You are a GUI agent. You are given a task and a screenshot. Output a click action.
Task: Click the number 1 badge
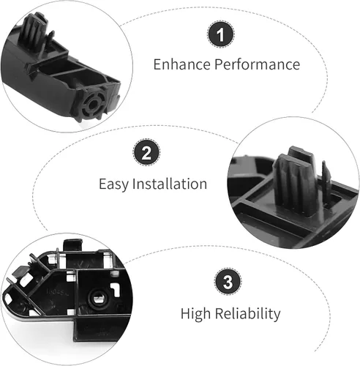pyautogui.click(x=221, y=34)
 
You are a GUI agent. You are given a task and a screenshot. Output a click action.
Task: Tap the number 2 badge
pyautogui.click(x=146, y=152)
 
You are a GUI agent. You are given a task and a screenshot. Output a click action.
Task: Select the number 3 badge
pyautogui.click(x=228, y=281)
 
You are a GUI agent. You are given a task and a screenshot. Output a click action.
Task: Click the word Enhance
pyautogui.click(x=182, y=64)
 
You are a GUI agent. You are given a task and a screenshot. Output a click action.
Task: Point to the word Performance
pyautogui.click(x=258, y=64)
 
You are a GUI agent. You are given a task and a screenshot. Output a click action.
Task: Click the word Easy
pyautogui.click(x=113, y=184)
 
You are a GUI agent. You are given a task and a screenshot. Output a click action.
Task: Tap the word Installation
pyautogui.click(x=170, y=184)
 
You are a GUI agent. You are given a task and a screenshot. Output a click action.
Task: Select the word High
pyautogui.click(x=195, y=314)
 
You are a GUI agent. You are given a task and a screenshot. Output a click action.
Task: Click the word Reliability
pyautogui.click(x=248, y=314)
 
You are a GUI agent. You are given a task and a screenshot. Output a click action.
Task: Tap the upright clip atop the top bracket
pyautogui.click(x=34, y=31)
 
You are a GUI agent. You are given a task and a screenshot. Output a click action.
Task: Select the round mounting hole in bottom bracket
pyautogui.click(x=99, y=298)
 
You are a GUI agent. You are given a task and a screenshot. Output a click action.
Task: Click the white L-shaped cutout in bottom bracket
pyautogui.click(x=115, y=289)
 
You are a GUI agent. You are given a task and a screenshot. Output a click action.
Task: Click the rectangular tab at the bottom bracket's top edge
pyautogui.click(x=72, y=245)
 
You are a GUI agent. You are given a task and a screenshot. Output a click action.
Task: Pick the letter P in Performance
pyautogui.click(x=219, y=64)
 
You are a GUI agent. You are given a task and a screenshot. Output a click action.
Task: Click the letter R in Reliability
pyautogui.click(x=219, y=313)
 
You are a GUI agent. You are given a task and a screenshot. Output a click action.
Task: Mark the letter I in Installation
pyautogui.click(x=134, y=184)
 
